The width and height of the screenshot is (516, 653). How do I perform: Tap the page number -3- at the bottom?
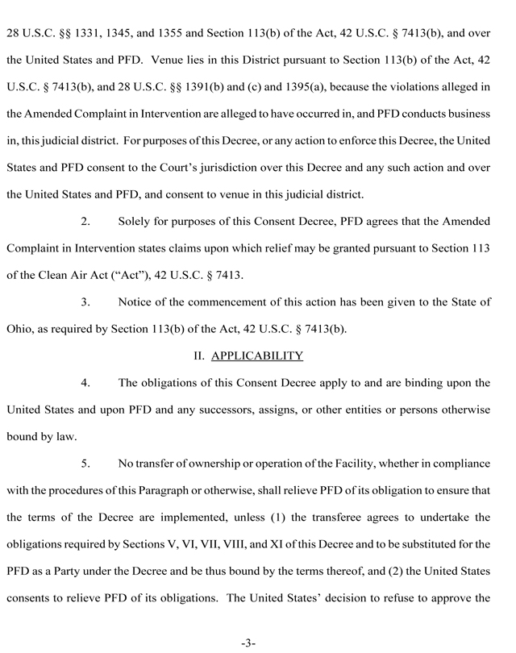click(x=248, y=643)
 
